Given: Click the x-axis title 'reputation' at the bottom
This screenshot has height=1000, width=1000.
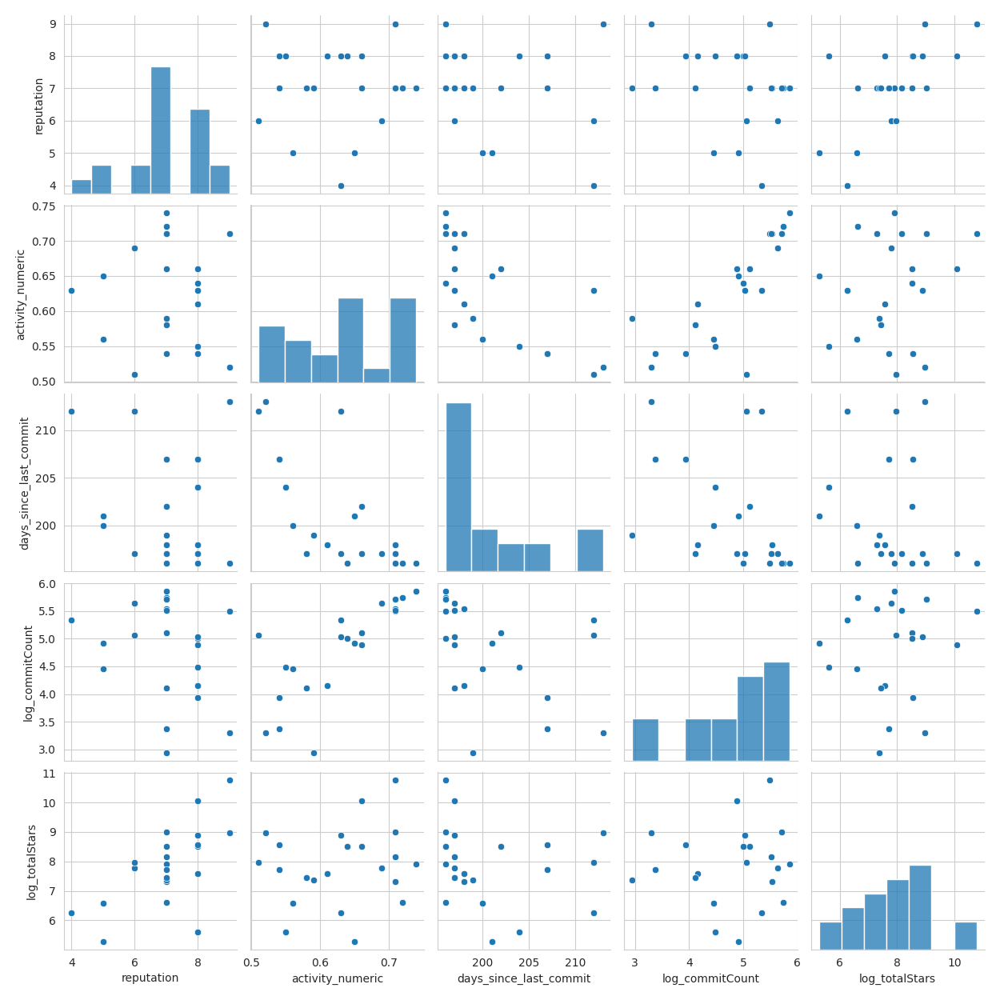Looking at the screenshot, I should [x=150, y=978].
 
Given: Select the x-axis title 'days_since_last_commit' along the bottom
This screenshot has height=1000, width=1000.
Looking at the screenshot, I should [x=524, y=978].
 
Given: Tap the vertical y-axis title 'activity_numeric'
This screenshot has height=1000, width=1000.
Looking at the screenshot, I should [x=21, y=294].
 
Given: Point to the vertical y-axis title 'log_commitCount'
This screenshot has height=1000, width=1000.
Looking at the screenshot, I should [x=28, y=674].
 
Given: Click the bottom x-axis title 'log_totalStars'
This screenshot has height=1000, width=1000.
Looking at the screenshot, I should [x=897, y=978].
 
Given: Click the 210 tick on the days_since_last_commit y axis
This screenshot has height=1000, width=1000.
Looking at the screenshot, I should [x=50, y=430].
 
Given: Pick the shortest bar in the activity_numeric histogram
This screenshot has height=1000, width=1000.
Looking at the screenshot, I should [x=376, y=374].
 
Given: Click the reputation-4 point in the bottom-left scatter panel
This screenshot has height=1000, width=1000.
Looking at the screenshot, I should [x=71, y=913].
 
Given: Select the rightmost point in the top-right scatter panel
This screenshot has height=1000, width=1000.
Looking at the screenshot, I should [x=977, y=24].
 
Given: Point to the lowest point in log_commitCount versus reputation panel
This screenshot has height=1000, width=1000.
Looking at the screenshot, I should [x=166, y=753].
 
